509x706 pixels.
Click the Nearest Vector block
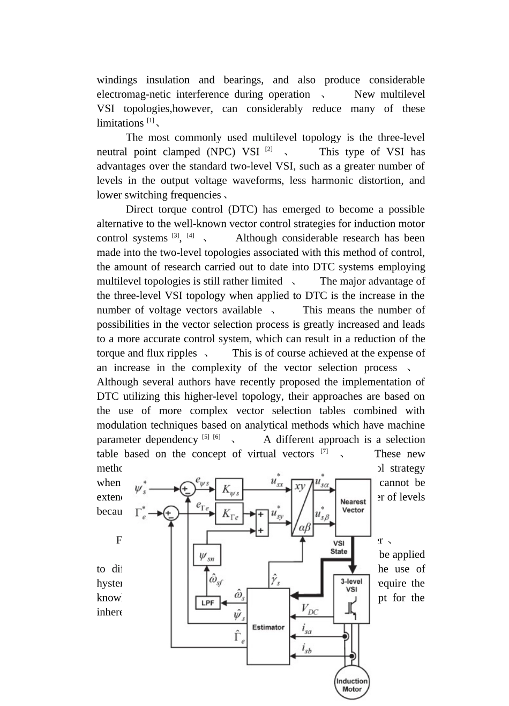pyautogui.click(x=353, y=506)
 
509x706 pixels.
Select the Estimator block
pyautogui.click(x=268, y=626)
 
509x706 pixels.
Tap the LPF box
pyautogui.click(x=207, y=603)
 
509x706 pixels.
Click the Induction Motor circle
pyautogui.click(x=352, y=685)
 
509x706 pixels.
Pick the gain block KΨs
pyautogui.click(x=229, y=489)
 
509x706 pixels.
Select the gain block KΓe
pyautogui.click(x=229, y=513)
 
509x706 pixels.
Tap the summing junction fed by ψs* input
pyautogui.click(x=187, y=489)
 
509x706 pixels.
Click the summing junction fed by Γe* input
pyautogui.click(x=170, y=513)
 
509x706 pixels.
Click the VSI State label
pyautogui.click(x=339, y=547)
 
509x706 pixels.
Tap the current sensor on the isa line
pyautogui.click(x=346, y=636)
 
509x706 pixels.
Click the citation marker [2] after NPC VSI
pyautogui.click(x=269, y=149)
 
